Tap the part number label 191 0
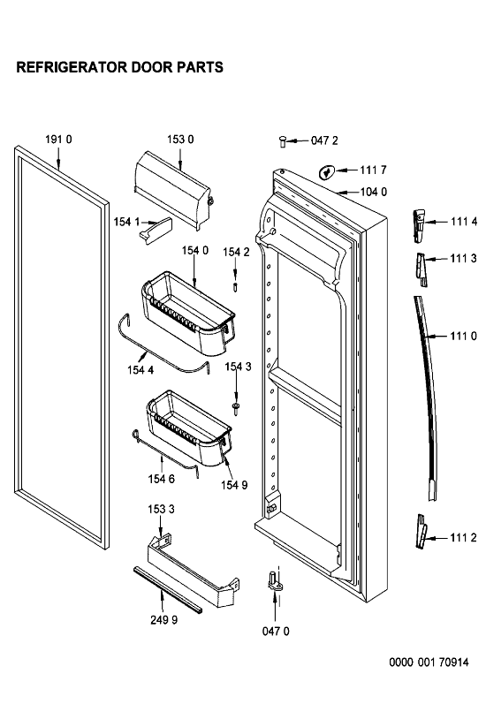click(x=58, y=139)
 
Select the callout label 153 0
click(x=180, y=139)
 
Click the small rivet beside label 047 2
click(x=282, y=141)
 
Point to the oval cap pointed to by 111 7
click(x=326, y=172)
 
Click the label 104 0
click(x=373, y=192)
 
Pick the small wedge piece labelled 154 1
click(x=156, y=230)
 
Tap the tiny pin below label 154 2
click(x=236, y=287)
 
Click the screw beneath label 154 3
click(x=237, y=408)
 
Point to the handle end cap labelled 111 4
click(x=419, y=226)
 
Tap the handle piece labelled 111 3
click(x=421, y=269)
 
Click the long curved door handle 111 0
click(x=428, y=398)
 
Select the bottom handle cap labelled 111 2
click(x=421, y=532)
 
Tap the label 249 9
click(x=163, y=620)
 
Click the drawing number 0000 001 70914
click(x=429, y=663)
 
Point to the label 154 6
click(x=161, y=479)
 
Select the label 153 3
click(x=161, y=509)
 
